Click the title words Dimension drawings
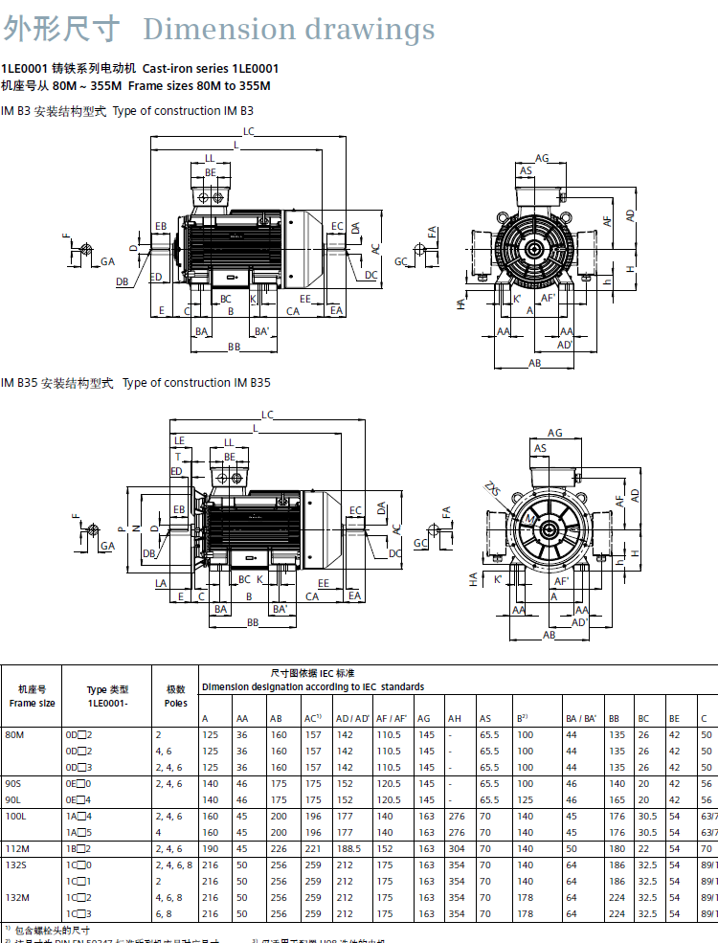click(x=288, y=29)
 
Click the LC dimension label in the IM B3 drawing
click(x=248, y=131)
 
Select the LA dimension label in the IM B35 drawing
click(x=160, y=582)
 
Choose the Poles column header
click(x=175, y=696)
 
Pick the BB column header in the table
click(x=615, y=718)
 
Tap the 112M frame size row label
click(x=16, y=848)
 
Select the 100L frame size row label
click(x=16, y=817)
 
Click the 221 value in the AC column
click(x=311, y=848)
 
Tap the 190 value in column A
click(x=209, y=848)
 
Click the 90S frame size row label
click(x=15, y=783)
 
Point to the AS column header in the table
click(x=485, y=718)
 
